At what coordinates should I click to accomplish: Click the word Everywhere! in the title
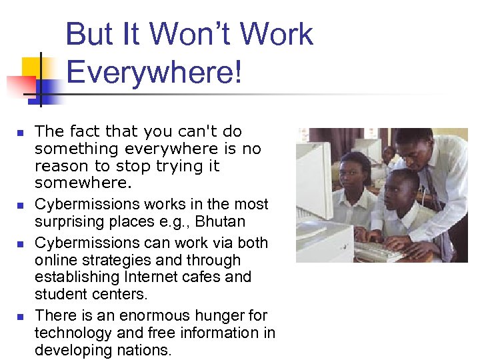coord(154,71)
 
